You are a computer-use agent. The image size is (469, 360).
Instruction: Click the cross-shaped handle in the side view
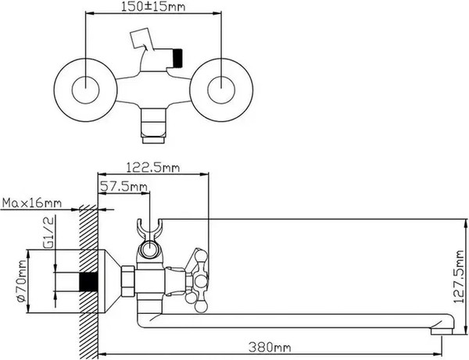(x=199, y=277)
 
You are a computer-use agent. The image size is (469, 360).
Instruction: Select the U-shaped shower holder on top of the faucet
(x=150, y=229)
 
